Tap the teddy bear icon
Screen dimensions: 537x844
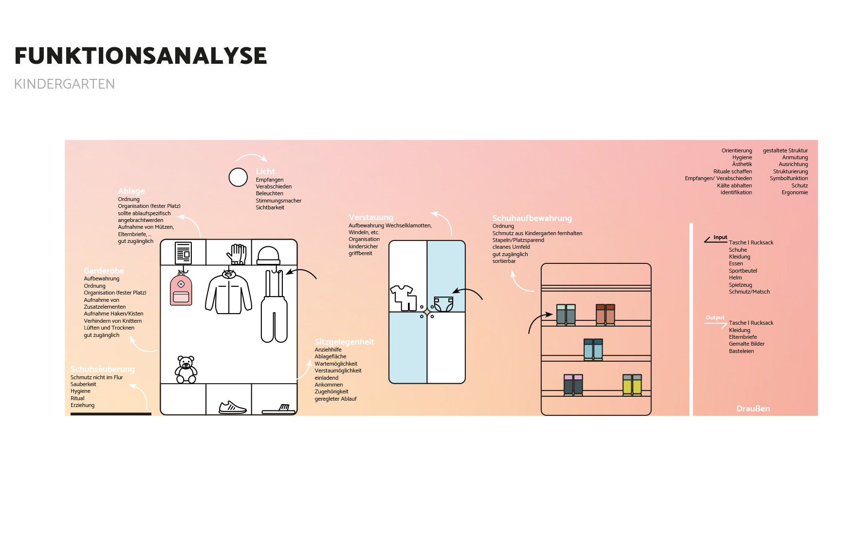pyautogui.click(x=186, y=370)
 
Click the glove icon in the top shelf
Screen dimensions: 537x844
pyautogui.click(x=237, y=254)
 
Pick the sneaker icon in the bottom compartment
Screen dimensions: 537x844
pyautogui.click(x=232, y=407)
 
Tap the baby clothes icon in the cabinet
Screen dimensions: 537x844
pyautogui.click(x=403, y=297)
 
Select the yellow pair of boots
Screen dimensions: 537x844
pyautogui.click(x=632, y=385)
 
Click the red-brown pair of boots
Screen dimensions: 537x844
pyautogui.click(x=605, y=315)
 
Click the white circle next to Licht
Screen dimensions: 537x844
pyautogui.click(x=238, y=177)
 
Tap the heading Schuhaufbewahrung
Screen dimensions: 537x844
pyautogui.click(x=532, y=218)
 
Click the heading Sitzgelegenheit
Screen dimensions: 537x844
pyautogui.click(x=344, y=342)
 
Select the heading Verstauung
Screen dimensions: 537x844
pyautogui.click(x=371, y=217)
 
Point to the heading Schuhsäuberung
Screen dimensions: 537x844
pyautogui.click(x=102, y=369)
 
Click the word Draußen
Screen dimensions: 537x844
pyautogui.click(x=753, y=408)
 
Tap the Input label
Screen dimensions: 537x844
pyautogui.click(x=720, y=238)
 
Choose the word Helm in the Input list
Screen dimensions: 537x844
pyautogui.click(x=735, y=278)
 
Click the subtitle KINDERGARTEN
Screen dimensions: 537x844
pyautogui.click(x=64, y=84)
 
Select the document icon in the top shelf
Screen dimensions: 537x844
pyautogui.click(x=183, y=253)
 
